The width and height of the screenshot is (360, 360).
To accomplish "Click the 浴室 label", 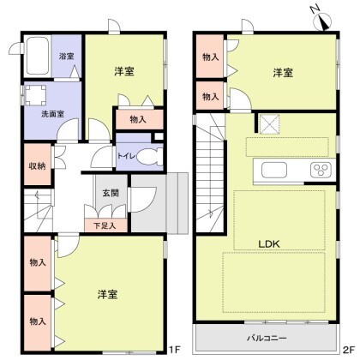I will (x=66, y=57).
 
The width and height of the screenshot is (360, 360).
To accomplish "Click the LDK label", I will (x=271, y=243).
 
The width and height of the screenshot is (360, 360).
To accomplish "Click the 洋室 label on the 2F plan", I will (x=284, y=74).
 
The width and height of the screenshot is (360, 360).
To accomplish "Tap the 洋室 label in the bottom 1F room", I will (x=108, y=294).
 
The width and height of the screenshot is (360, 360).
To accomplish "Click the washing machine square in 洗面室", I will (x=37, y=96).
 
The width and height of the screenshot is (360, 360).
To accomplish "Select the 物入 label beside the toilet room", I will (x=137, y=119).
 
